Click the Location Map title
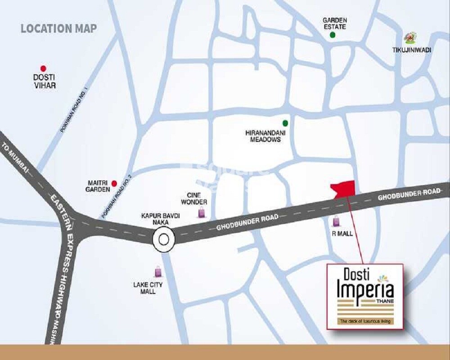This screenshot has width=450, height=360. [58, 28]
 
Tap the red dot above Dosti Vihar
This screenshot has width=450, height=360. [43, 68]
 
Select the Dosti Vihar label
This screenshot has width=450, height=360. [44, 81]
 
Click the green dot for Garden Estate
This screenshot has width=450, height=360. [333, 35]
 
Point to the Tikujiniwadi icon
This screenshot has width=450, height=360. [409, 38]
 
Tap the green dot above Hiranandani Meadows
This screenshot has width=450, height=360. [285, 123]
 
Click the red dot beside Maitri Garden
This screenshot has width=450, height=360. [114, 183]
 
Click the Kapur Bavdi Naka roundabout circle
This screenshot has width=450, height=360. [163, 239]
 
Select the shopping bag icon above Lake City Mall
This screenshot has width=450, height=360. [158, 271]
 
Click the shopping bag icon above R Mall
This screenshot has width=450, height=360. [336, 221]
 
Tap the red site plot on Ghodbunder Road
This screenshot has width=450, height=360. [343, 188]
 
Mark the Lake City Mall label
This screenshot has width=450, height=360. [148, 288]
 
